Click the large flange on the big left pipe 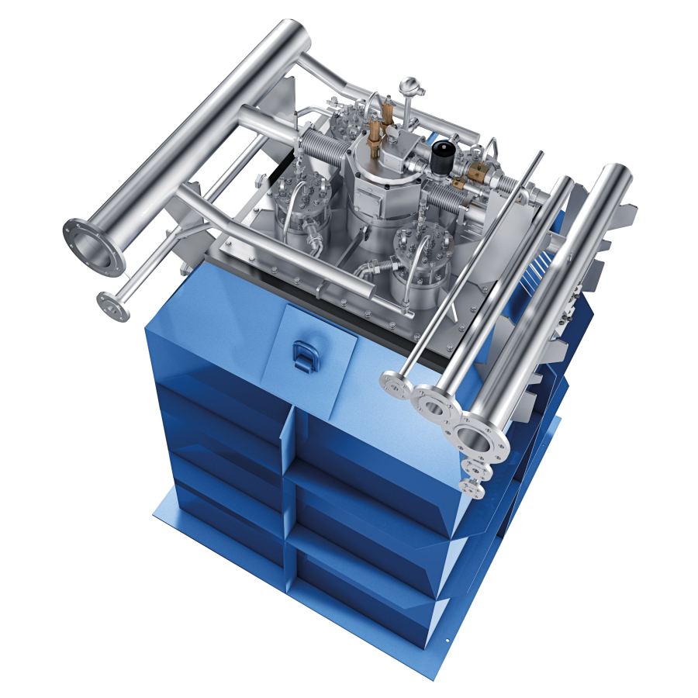(x=94, y=247)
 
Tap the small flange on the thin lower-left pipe (x=113, y=305)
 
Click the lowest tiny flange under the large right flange (x=471, y=486)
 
